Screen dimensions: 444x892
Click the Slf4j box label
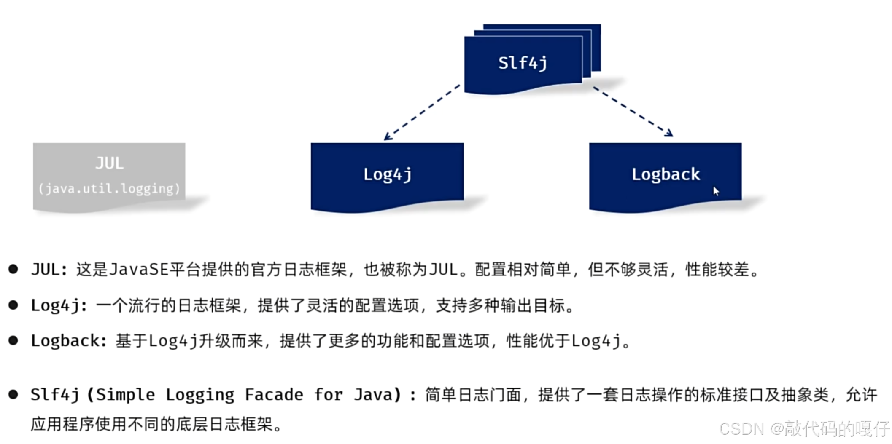pyautogui.click(x=523, y=63)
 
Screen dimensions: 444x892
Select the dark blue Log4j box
pyautogui.click(x=387, y=174)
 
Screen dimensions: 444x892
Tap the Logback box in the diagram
pyautogui.click(x=665, y=174)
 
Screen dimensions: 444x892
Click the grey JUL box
pyautogui.click(x=109, y=174)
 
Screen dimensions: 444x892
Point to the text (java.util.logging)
pyautogui.click(x=109, y=188)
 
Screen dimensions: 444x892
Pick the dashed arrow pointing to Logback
pyautogui.click(x=633, y=112)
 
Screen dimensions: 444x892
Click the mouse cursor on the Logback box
pyautogui.click(x=716, y=191)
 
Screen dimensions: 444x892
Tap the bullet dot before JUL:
pyautogui.click(x=13, y=269)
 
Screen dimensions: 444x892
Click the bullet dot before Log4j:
pyautogui.click(x=13, y=305)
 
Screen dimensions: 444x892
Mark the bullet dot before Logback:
pyautogui.click(x=13, y=340)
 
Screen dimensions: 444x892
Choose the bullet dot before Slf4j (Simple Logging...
pyautogui.click(x=13, y=394)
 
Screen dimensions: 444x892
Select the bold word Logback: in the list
pyautogui.click(x=69, y=341)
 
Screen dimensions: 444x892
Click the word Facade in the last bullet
pyautogui.click(x=274, y=395)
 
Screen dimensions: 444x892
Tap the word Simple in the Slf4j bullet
pyautogui.click(x=125, y=395)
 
